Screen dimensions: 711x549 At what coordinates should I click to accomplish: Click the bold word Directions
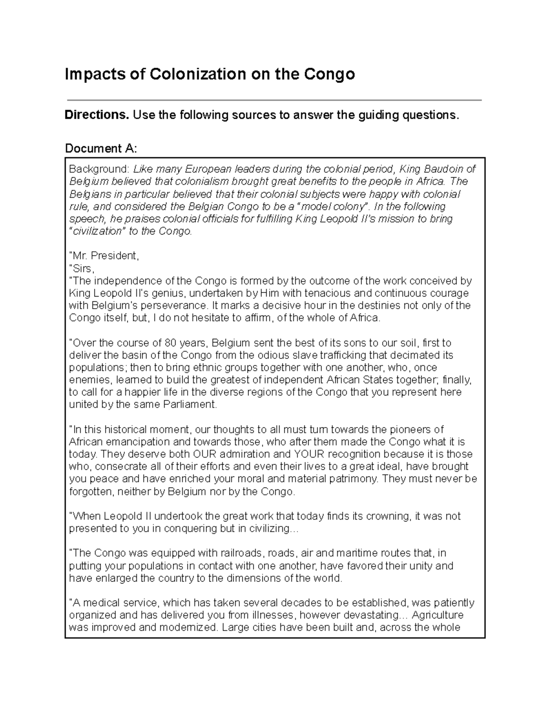[x=97, y=115]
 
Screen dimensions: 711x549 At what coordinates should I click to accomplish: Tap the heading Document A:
[x=101, y=148]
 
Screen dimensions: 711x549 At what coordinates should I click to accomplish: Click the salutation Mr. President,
[x=103, y=255]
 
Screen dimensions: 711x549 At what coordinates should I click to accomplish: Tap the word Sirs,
[x=81, y=268]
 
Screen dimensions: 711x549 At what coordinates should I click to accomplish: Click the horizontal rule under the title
[x=274, y=100]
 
